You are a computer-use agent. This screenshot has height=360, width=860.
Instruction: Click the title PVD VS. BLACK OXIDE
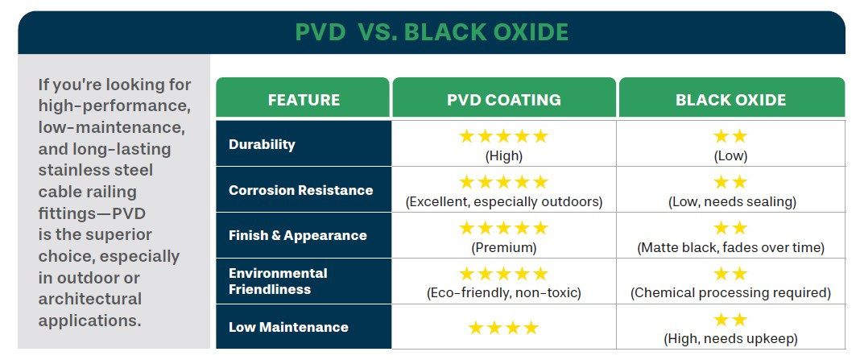(x=432, y=32)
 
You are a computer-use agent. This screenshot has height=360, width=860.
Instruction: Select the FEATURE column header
(x=304, y=101)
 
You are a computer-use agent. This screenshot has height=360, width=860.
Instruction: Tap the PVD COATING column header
(x=504, y=101)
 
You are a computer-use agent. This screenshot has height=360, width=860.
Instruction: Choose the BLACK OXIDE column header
(x=730, y=101)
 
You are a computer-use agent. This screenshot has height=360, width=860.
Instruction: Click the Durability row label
(x=262, y=145)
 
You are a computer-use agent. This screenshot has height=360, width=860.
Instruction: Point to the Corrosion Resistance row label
(x=300, y=191)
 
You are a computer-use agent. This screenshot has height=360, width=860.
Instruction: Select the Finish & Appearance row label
(x=297, y=236)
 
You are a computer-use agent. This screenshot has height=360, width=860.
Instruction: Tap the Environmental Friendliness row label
(x=278, y=281)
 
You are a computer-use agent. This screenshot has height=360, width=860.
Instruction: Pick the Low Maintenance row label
(x=288, y=327)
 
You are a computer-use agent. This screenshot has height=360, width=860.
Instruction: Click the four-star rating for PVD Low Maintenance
(x=503, y=328)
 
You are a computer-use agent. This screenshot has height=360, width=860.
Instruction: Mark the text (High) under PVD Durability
(x=504, y=156)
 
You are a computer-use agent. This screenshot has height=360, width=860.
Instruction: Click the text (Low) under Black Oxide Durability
(x=730, y=156)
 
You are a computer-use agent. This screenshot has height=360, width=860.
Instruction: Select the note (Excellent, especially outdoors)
(x=504, y=201)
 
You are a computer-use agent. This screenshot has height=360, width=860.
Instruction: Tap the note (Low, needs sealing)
(x=731, y=201)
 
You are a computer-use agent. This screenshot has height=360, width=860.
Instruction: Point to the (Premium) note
(x=504, y=247)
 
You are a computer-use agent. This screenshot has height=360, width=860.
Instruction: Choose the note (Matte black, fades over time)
(x=731, y=247)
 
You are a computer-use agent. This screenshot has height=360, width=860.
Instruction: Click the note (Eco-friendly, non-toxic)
(x=504, y=292)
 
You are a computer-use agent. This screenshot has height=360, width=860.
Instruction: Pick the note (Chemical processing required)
(x=731, y=292)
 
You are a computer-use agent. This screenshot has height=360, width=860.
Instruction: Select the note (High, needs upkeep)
(x=731, y=338)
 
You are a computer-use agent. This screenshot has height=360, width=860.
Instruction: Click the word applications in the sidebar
(x=89, y=320)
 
